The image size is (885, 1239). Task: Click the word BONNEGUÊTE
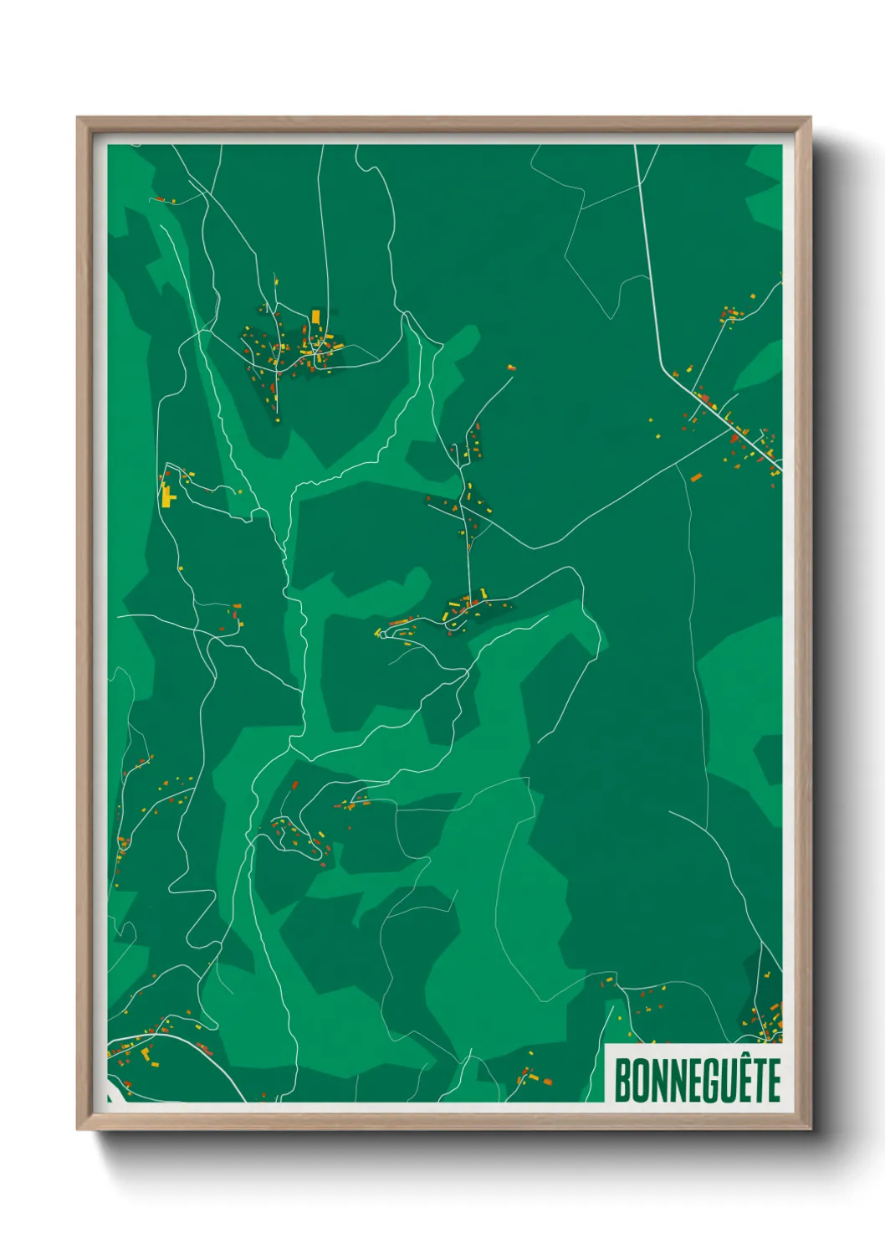point(698,1080)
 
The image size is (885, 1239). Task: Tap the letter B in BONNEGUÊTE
point(622,1081)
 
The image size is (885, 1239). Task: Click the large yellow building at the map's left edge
point(167,496)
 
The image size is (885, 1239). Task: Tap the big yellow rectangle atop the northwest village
point(315,316)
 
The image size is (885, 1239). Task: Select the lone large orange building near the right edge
point(695,477)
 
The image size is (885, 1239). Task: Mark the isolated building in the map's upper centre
point(509,367)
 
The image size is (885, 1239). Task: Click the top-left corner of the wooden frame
point(79,119)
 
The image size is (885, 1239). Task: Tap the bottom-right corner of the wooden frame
point(809,1128)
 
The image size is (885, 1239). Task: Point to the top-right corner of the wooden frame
point(809,119)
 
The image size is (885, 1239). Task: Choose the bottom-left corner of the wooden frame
point(79,1128)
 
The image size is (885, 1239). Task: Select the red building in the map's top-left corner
point(158,199)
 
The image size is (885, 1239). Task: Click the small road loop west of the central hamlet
point(381,634)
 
